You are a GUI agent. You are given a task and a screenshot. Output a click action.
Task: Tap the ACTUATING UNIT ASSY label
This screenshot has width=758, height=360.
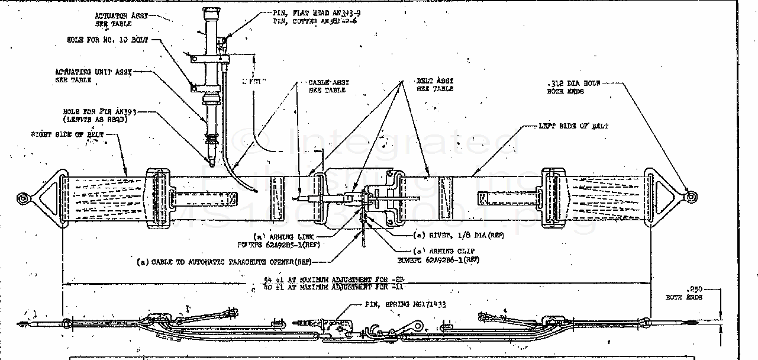click(93, 72)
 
